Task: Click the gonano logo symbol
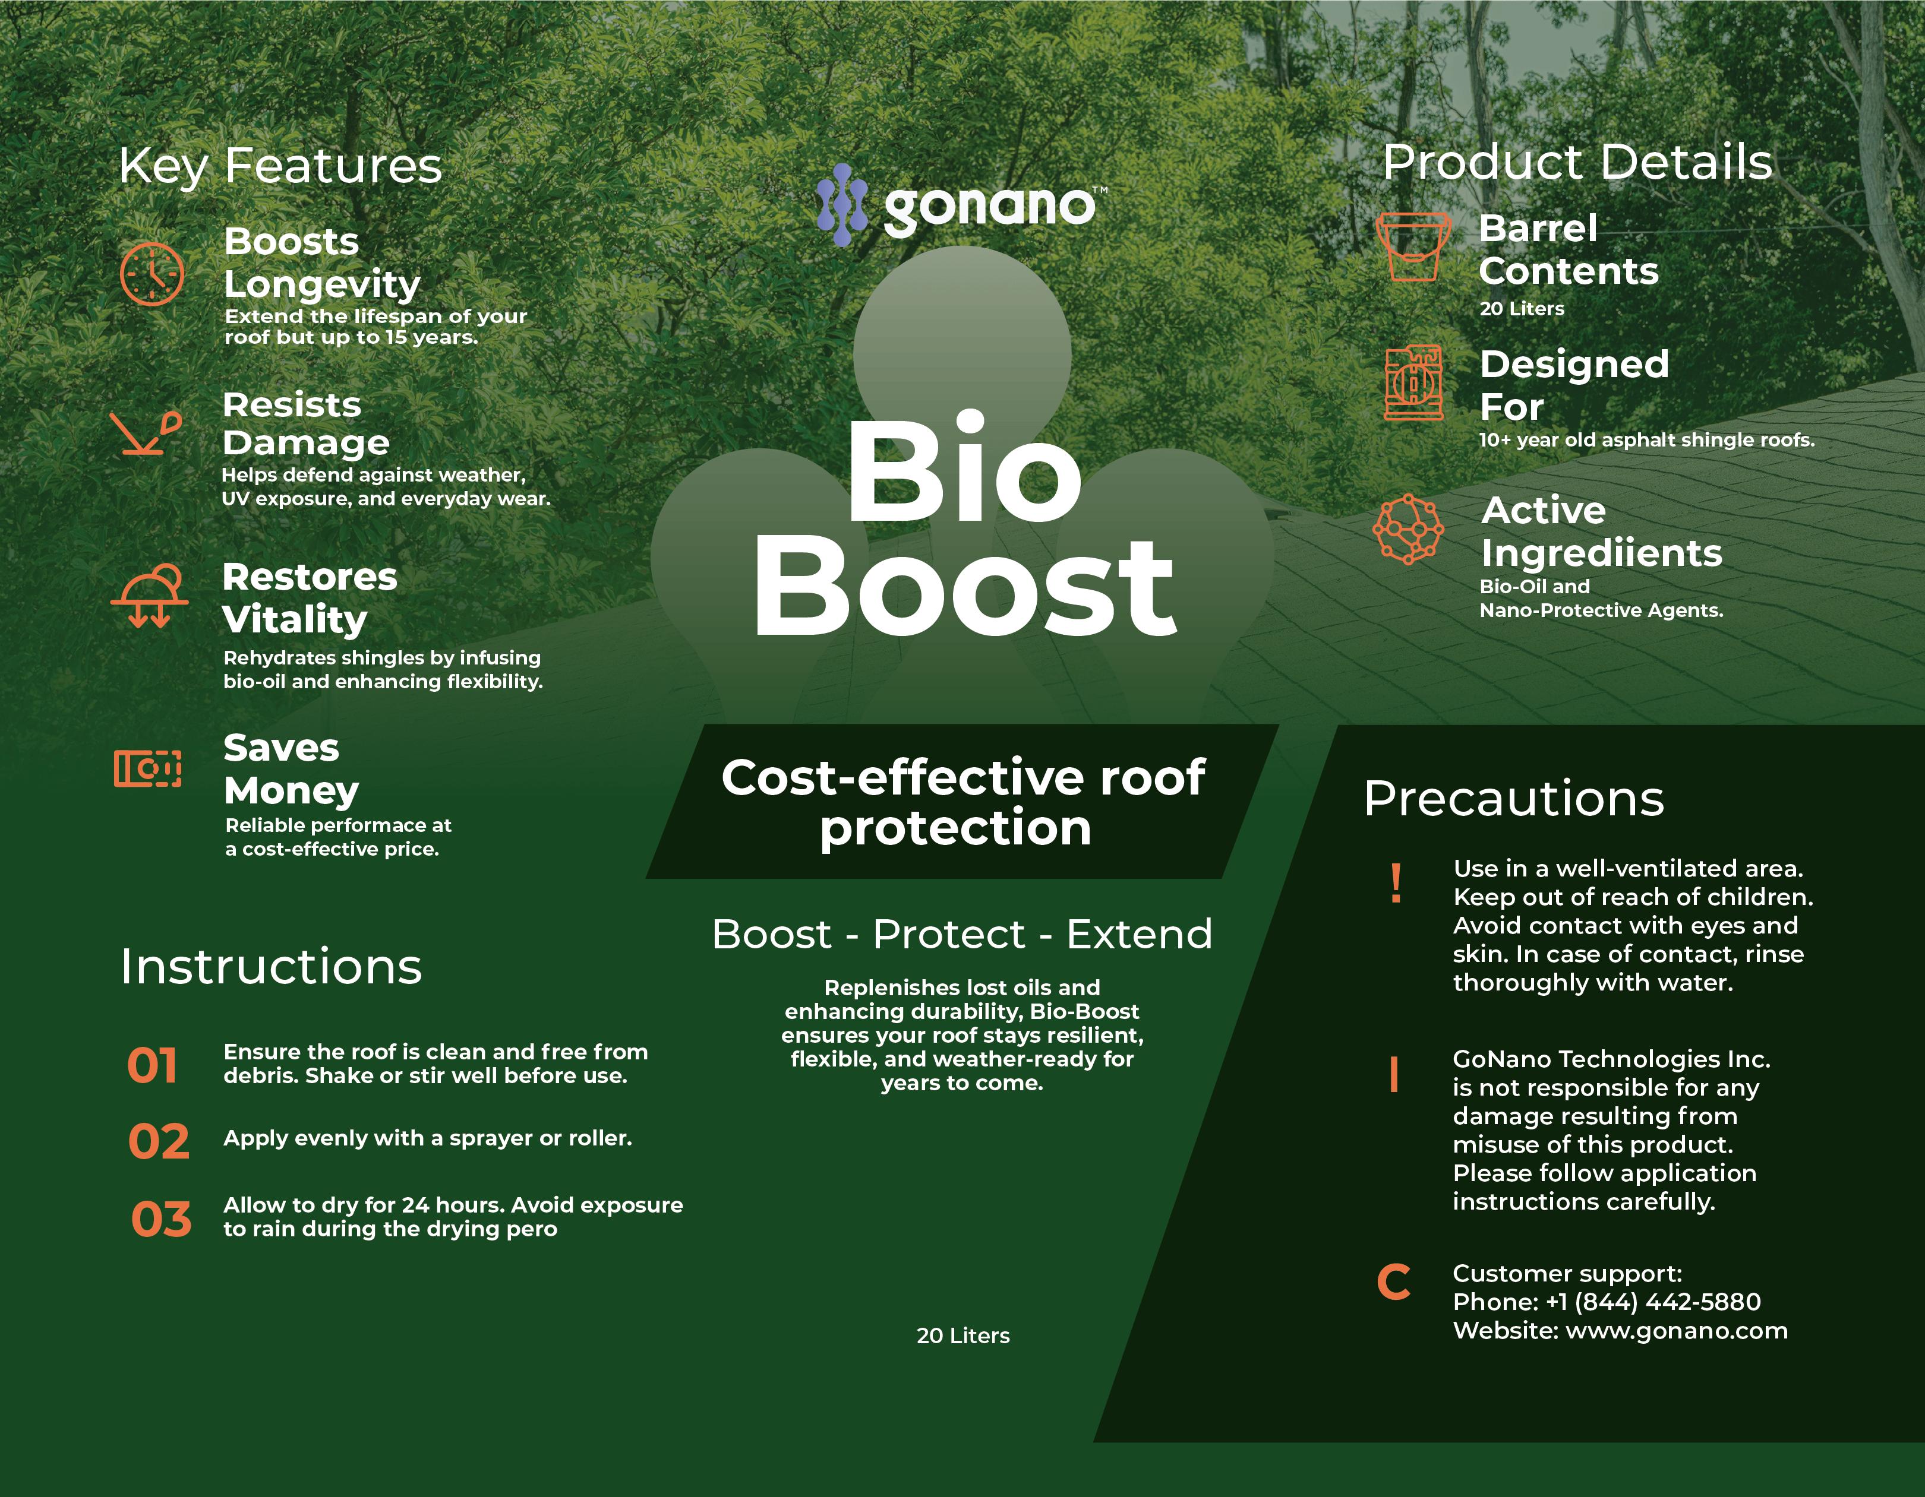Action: click(842, 204)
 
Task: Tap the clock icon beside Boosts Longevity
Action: click(152, 274)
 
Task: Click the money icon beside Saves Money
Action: click(147, 768)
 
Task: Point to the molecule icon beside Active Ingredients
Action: click(1409, 528)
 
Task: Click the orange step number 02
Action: click(159, 1142)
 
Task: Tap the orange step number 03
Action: click(161, 1220)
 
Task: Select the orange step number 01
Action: click(153, 1065)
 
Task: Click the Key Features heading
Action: click(280, 166)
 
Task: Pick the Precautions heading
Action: click(1513, 799)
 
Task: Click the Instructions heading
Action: click(272, 967)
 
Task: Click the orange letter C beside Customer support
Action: click(1393, 1282)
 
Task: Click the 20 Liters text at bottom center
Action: click(962, 1335)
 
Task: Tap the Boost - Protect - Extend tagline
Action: click(962, 935)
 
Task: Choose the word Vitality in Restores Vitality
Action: click(294, 619)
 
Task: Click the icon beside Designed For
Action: click(1413, 382)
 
